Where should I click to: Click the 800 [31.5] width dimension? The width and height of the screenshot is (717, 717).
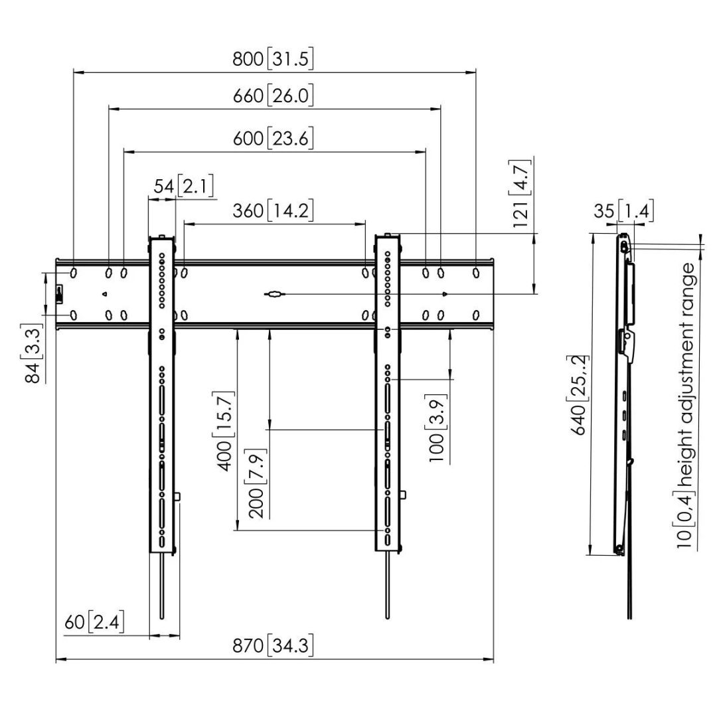pos(273,59)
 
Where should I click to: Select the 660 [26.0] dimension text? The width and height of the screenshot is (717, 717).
pos(273,96)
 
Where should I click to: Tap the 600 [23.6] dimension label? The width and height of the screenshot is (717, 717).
pos(273,139)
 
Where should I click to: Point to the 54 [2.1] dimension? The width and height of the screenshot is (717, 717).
pos(183,187)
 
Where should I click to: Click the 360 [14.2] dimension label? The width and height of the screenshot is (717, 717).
pos(273,211)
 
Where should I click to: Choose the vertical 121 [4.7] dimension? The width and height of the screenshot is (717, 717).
pos(522,193)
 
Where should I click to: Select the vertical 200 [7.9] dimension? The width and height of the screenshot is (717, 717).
pos(260,485)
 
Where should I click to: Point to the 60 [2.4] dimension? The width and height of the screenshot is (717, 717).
pos(94,623)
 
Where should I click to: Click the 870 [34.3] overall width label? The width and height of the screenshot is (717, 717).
pos(273,645)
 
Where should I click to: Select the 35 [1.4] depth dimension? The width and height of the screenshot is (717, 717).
pos(623,212)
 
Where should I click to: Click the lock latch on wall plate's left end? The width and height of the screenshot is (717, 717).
pos(59,293)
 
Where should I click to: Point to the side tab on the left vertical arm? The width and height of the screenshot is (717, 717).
pos(178,497)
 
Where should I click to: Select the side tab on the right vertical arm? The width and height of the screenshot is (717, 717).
pos(403,495)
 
